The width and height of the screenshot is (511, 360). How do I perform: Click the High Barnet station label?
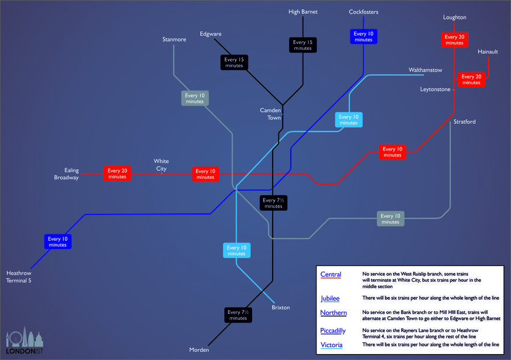click(303, 12)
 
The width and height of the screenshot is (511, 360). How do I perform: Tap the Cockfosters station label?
click(363, 12)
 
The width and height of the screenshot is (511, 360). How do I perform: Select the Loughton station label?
click(454, 18)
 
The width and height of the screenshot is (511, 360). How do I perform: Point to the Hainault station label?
click(488, 52)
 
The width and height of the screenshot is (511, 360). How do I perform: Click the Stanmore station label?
click(174, 40)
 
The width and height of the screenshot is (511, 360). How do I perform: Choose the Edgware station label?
click(210, 34)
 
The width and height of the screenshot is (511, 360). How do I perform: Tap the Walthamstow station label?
click(425, 70)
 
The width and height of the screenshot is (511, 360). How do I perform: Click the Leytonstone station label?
click(435, 89)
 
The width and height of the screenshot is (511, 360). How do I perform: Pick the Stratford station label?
click(464, 122)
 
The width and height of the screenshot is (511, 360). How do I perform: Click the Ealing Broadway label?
click(67, 174)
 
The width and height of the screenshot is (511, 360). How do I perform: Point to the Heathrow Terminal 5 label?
click(19, 276)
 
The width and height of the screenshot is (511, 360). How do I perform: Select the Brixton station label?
click(280, 307)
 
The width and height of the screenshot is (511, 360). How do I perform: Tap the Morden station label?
click(199, 349)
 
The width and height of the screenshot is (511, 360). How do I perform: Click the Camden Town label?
click(270, 114)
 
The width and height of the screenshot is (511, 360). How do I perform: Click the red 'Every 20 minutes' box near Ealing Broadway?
click(117, 174)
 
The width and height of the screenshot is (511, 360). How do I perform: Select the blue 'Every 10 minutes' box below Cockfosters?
click(363, 36)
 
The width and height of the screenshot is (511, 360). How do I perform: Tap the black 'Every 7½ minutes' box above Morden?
click(238, 315)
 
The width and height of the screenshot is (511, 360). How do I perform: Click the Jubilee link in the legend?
click(330, 299)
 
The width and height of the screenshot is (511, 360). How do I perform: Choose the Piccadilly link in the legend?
click(333, 331)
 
